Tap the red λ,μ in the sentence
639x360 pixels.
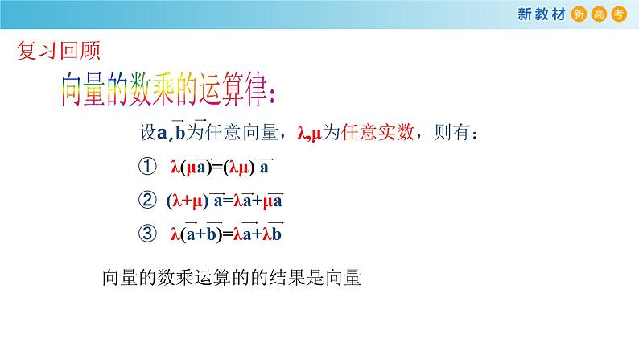click(310, 134)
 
